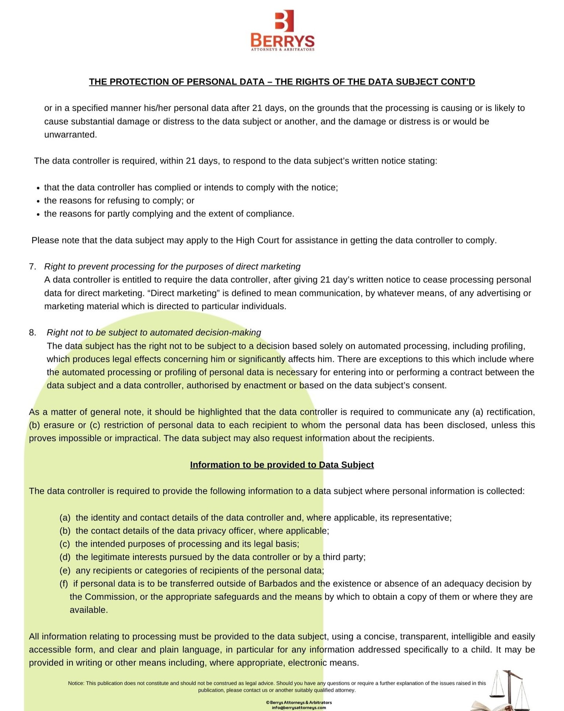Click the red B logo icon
tap(284, 21)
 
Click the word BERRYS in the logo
tap(282, 41)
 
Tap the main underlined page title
tap(282, 82)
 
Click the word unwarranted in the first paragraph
tap(70, 135)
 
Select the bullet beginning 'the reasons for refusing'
tap(119, 201)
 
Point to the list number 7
tap(32, 267)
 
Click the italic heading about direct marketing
tap(172, 267)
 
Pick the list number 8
tap(32, 333)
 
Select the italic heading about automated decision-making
tap(154, 333)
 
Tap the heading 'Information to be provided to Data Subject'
tap(282, 465)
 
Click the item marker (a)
tap(65, 518)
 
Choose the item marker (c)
tap(65, 544)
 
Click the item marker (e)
tap(65, 571)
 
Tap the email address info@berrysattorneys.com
tap(298, 707)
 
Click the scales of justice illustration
tap(508, 688)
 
